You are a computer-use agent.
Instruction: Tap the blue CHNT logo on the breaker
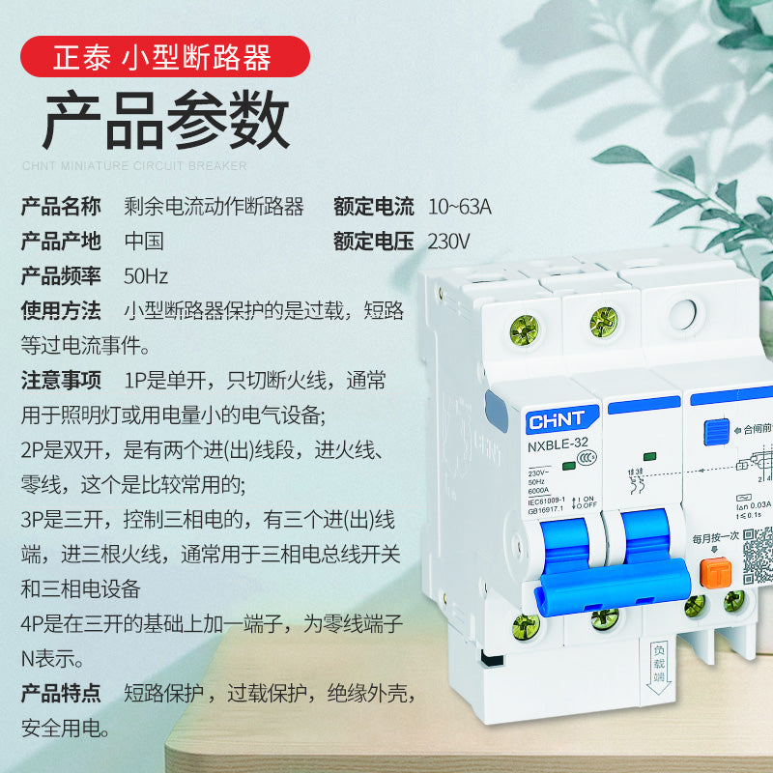[x=557, y=421]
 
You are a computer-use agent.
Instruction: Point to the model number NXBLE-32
[x=558, y=444]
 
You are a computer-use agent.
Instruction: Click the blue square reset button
[x=716, y=431]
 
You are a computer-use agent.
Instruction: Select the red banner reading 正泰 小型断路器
[x=165, y=57]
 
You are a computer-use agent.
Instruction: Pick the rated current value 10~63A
[x=459, y=207]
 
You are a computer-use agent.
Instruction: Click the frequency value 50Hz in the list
[x=146, y=276]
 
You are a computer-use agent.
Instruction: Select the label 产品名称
[x=61, y=207]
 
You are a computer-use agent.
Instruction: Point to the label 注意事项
[x=61, y=381]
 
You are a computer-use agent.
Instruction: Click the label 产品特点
[x=61, y=693]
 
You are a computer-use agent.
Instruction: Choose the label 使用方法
[x=61, y=311]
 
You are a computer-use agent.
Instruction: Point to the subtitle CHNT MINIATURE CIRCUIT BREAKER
[x=134, y=165]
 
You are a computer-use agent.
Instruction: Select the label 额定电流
[x=374, y=207]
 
